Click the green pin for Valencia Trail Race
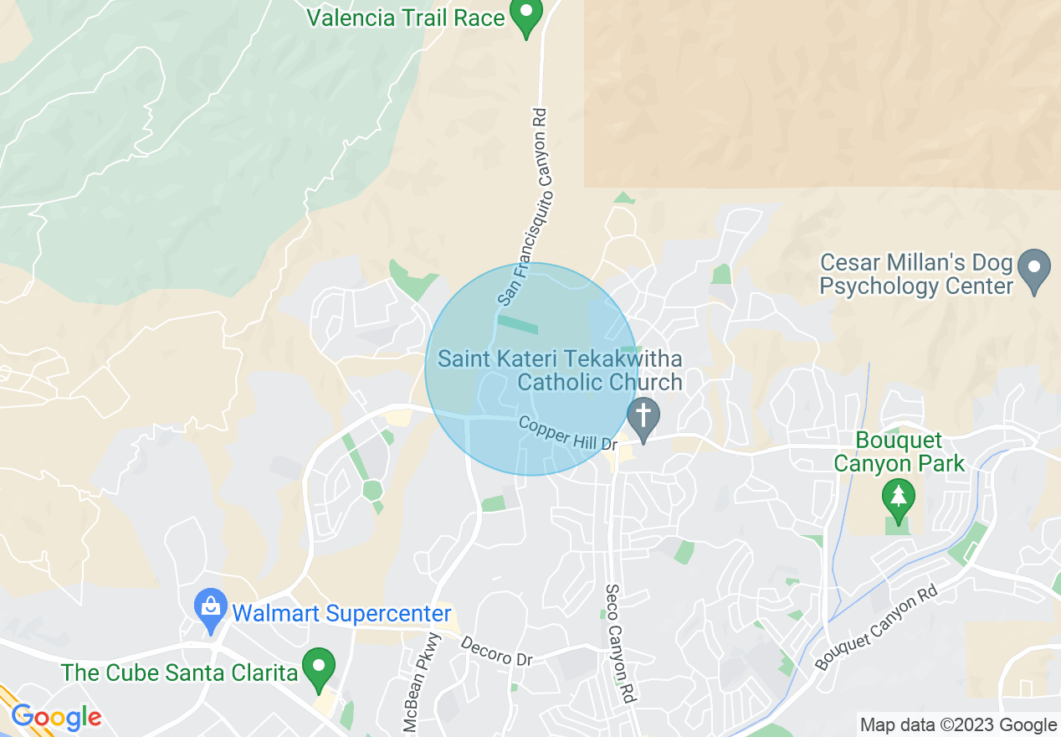526,16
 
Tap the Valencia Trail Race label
406,18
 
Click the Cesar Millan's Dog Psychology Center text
916,276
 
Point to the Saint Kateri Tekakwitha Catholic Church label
560,371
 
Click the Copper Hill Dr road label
566,432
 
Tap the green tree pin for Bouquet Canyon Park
899,499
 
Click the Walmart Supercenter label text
341,614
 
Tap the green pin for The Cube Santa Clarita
318,667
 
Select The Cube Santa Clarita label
180,673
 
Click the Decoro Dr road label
496,652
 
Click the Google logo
56,718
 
